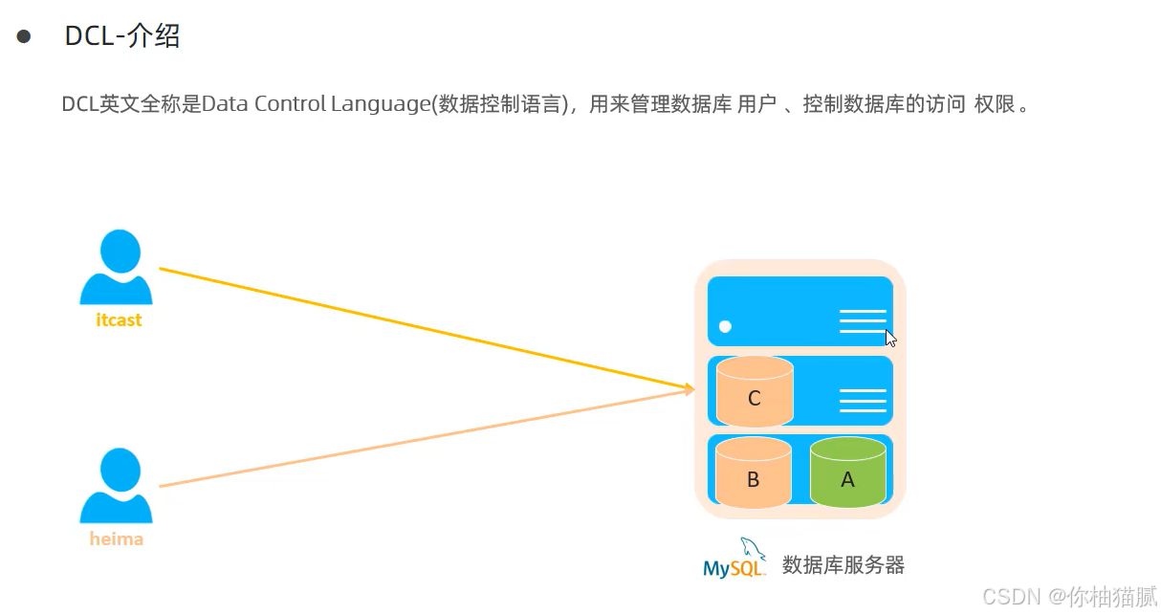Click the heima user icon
(116, 485)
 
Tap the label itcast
(119, 320)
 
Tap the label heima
(117, 539)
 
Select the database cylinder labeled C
(755, 391)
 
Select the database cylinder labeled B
(753, 472)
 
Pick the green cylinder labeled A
(847, 472)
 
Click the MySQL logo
(734, 559)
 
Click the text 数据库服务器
(843, 565)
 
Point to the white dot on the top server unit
(725, 326)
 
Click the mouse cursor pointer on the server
(890, 338)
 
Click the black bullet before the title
(24, 37)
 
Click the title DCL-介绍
(122, 37)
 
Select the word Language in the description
(380, 104)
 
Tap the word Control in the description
(291, 104)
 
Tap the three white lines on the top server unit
(863, 321)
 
